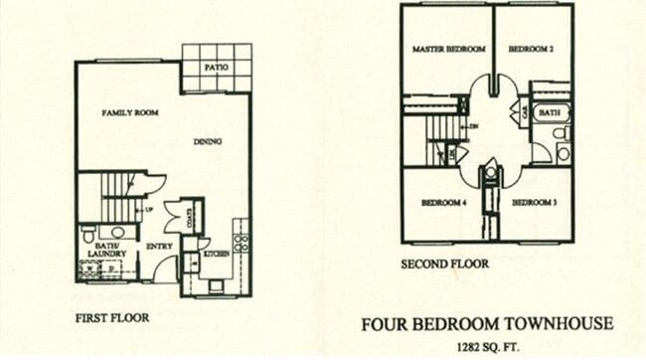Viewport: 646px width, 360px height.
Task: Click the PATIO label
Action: pyautogui.click(x=218, y=67)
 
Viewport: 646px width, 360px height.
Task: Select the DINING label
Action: pyautogui.click(x=208, y=142)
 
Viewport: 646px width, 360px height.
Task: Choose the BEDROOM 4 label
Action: pyautogui.click(x=444, y=202)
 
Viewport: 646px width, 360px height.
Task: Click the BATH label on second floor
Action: pyautogui.click(x=550, y=114)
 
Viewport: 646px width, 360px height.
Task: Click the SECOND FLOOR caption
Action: pyautogui.click(x=444, y=265)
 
